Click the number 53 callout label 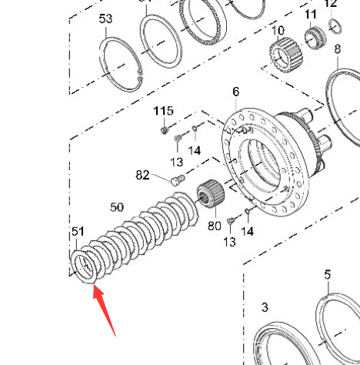point(105,19)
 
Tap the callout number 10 point(278,30)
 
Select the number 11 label point(311,15)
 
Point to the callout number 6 point(236,92)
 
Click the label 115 point(163,111)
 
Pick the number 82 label point(142,175)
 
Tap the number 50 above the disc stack point(117,207)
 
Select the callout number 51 point(78,232)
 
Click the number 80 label point(215,226)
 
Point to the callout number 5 point(328,275)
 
